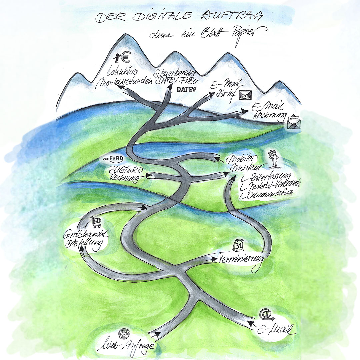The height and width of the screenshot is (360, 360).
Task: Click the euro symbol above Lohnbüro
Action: click(x=125, y=57)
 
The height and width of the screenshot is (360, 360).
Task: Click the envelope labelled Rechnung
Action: click(x=294, y=122)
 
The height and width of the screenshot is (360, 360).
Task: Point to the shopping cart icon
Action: click(x=96, y=222)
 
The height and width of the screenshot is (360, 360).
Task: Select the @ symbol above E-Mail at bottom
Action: click(x=265, y=314)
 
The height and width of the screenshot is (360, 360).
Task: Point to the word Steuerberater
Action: click(x=175, y=73)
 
